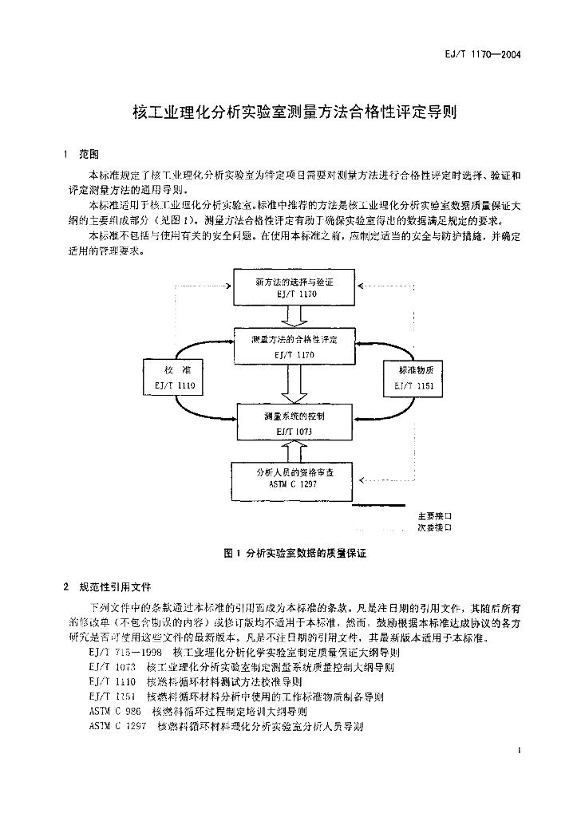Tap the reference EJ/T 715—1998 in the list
point(121,652)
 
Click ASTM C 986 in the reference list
point(115,711)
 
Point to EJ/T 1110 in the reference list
point(114,681)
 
